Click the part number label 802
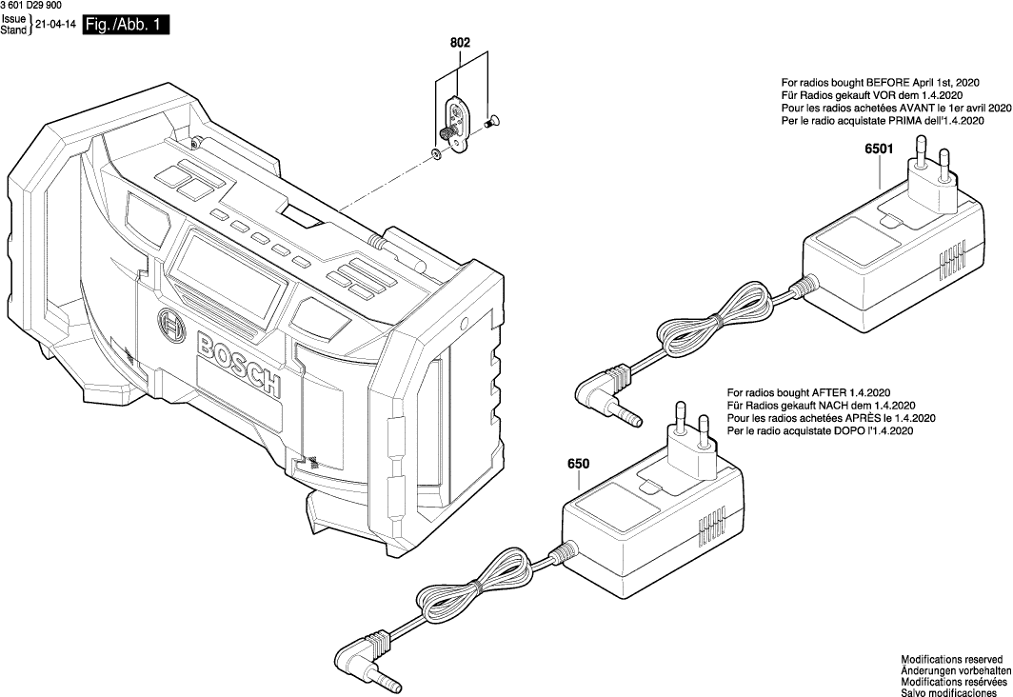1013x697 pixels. pyautogui.click(x=461, y=43)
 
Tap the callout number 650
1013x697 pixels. pyautogui.click(x=579, y=464)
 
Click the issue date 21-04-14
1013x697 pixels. pyautogui.click(x=55, y=25)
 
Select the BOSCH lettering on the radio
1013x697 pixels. pyautogui.click(x=238, y=364)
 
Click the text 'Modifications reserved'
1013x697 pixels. pyautogui.click(x=951, y=659)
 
